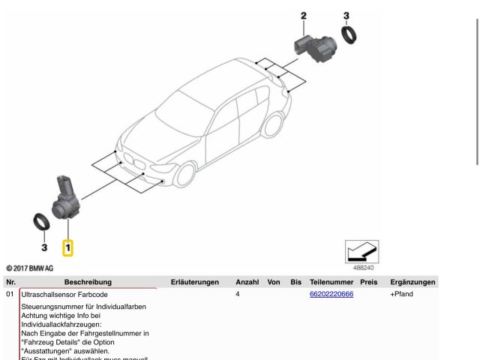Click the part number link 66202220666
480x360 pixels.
[x=331, y=294]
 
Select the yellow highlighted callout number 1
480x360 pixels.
[x=68, y=246]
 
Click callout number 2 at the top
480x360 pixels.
[x=304, y=15]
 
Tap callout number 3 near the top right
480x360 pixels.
[x=346, y=15]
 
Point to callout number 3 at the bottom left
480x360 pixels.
[x=44, y=247]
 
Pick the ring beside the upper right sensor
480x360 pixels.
[x=349, y=34]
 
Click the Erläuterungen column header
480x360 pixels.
[x=194, y=282]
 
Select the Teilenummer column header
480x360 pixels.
[x=331, y=282]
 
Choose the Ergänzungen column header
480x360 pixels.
[x=412, y=282]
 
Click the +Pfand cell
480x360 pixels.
[x=402, y=294]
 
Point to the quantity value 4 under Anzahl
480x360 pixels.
[x=238, y=294]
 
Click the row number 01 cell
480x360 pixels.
[x=10, y=294]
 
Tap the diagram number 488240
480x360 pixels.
[x=364, y=267]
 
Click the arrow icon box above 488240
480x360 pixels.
[x=361, y=251]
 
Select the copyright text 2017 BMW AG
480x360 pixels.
[x=30, y=268]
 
